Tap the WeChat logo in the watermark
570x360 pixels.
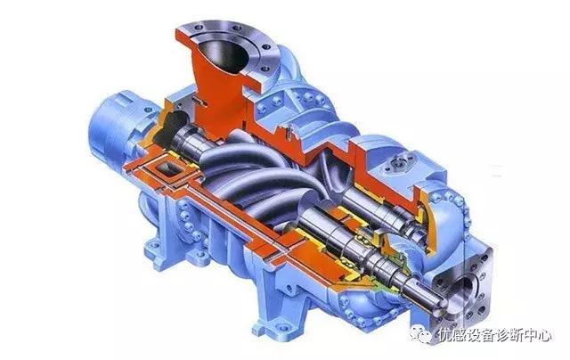[x=421, y=334]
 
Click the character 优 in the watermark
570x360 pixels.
[x=445, y=335]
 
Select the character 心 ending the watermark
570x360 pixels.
[x=543, y=335]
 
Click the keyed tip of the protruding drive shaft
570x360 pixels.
[x=436, y=299]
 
